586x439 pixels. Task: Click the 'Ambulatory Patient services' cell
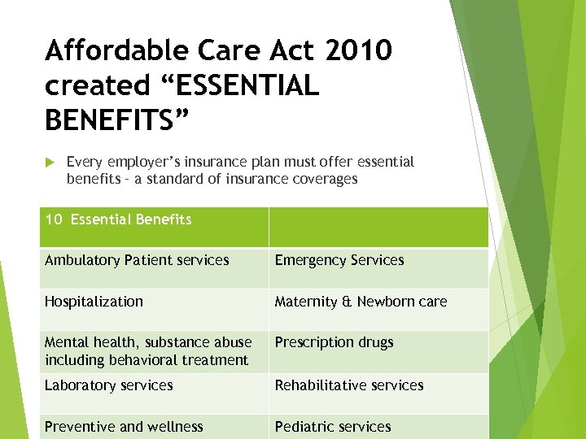[x=137, y=261]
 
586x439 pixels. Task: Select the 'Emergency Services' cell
[x=339, y=261]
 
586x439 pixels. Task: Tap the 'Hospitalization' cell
[x=94, y=302]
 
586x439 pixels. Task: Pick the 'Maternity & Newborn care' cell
[x=361, y=302]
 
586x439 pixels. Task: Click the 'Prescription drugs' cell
[x=334, y=342]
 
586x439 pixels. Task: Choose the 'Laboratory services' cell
[x=109, y=385]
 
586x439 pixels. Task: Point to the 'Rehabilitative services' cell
[x=349, y=385]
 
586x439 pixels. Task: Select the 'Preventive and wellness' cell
[x=124, y=427]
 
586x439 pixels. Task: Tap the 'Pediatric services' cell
[x=333, y=427]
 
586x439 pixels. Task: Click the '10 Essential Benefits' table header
[x=118, y=219]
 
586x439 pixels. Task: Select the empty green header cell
[x=378, y=227]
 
